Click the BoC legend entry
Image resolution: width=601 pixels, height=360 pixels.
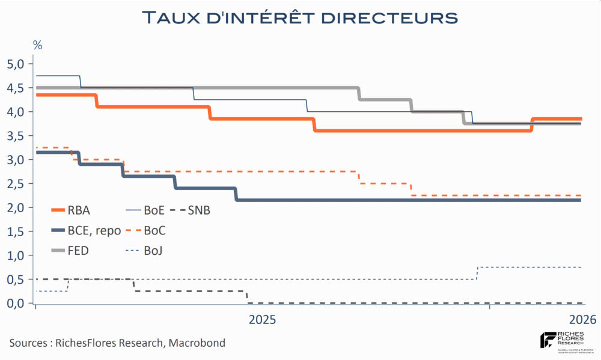pyautogui.click(x=154, y=230)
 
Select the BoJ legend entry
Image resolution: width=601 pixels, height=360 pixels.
pyautogui.click(x=153, y=251)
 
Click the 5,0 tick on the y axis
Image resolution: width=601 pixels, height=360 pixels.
pyautogui.click(x=16, y=64)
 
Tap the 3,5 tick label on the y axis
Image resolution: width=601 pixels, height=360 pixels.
pyautogui.click(x=16, y=136)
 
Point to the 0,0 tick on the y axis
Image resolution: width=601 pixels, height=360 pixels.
pyautogui.click(x=16, y=304)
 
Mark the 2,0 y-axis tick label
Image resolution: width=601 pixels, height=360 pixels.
pyautogui.click(x=16, y=207)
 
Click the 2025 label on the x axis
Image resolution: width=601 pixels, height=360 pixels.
pyautogui.click(x=262, y=320)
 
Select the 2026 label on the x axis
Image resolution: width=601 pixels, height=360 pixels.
pyautogui.click(x=582, y=320)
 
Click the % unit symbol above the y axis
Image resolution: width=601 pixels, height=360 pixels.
pyautogui.click(x=37, y=45)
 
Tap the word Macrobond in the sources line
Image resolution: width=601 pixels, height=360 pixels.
pyautogui.click(x=197, y=343)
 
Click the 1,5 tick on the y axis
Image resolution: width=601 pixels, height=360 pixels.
pyautogui.click(x=16, y=231)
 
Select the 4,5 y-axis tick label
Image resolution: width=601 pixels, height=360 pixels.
pyautogui.click(x=16, y=88)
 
